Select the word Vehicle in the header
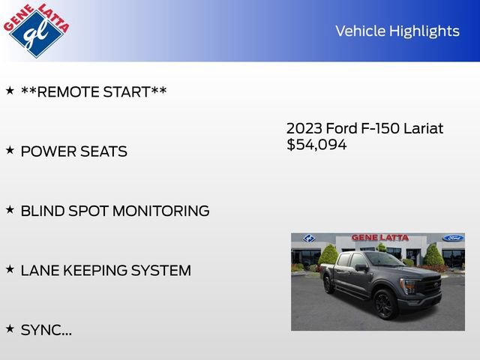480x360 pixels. (x=358, y=31)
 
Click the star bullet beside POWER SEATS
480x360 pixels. (x=10, y=150)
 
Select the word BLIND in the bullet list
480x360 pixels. (x=42, y=211)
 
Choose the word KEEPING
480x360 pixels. (x=96, y=270)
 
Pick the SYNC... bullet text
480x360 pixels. (x=46, y=329)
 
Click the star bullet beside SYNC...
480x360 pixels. (x=10, y=328)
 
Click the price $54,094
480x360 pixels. (x=316, y=145)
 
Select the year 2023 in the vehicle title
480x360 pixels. (x=304, y=128)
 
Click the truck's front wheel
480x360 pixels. (x=385, y=304)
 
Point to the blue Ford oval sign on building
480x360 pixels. (x=452, y=238)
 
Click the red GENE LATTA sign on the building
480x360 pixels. (x=380, y=238)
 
